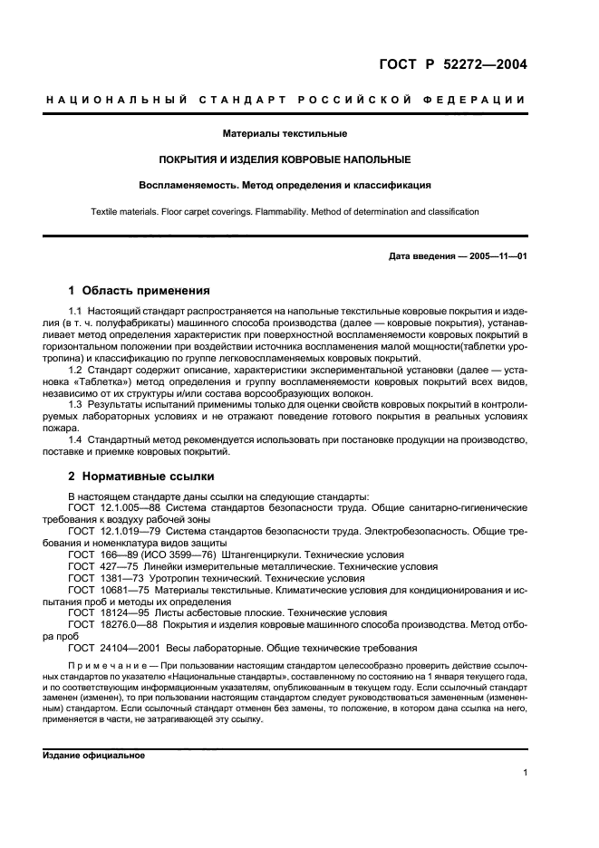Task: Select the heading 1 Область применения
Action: coord(140,291)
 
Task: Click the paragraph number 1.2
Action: coord(77,371)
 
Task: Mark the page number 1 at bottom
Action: coord(525,773)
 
